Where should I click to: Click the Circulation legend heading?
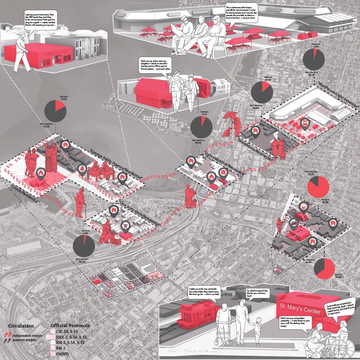tap(21, 326)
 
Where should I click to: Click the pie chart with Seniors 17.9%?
tap(55, 110)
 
